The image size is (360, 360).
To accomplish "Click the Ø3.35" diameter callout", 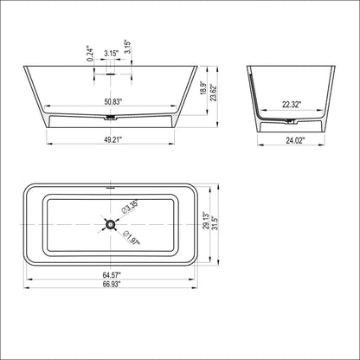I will [x=132, y=209].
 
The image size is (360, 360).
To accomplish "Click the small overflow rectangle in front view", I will [x=111, y=74].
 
